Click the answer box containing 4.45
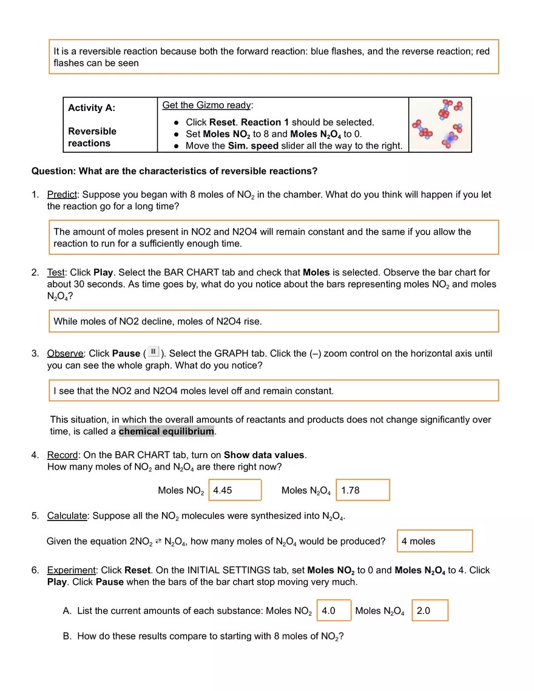(235, 490)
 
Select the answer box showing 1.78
(362, 490)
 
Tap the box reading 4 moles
(435, 541)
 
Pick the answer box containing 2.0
(430, 611)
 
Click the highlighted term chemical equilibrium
(166, 431)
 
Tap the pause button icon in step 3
(153, 352)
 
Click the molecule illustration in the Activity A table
(440, 124)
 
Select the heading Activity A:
(92, 108)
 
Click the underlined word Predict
(62, 195)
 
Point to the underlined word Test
(55, 272)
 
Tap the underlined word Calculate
(67, 516)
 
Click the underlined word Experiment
(71, 570)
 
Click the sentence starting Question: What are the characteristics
(174, 171)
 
